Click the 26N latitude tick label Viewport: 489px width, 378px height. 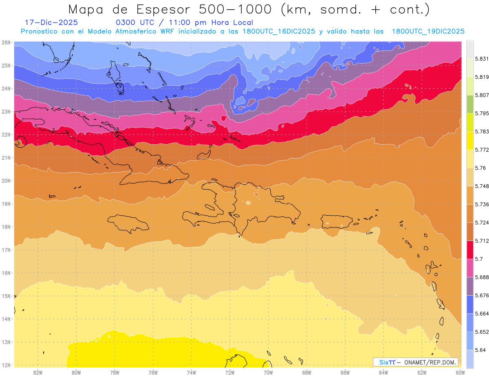click(6, 42)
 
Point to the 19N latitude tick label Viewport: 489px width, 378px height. click(6, 203)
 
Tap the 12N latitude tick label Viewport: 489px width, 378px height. click(6, 365)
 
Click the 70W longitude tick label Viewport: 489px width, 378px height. click(268, 372)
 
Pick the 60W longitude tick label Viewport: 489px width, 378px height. click(460, 372)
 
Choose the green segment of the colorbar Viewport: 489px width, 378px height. click(470, 104)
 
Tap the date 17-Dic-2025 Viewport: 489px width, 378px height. click(51, 22)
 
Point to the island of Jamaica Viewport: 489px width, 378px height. click(128, 223)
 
